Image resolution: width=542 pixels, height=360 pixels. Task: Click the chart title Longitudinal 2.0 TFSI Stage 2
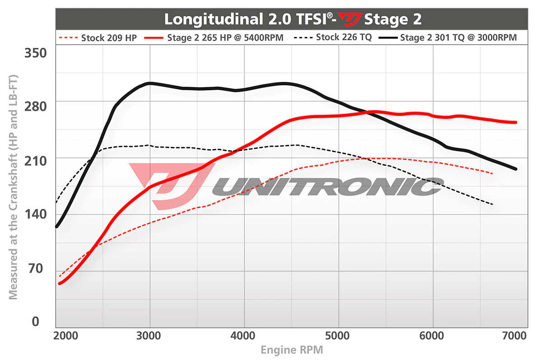pyautogui.click(x=293, y=19)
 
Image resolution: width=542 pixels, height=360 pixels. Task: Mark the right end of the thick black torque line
pyautogui.click(x=515, y=169)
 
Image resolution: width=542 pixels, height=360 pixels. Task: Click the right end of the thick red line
pyautogui.click(x=515, y=122)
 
